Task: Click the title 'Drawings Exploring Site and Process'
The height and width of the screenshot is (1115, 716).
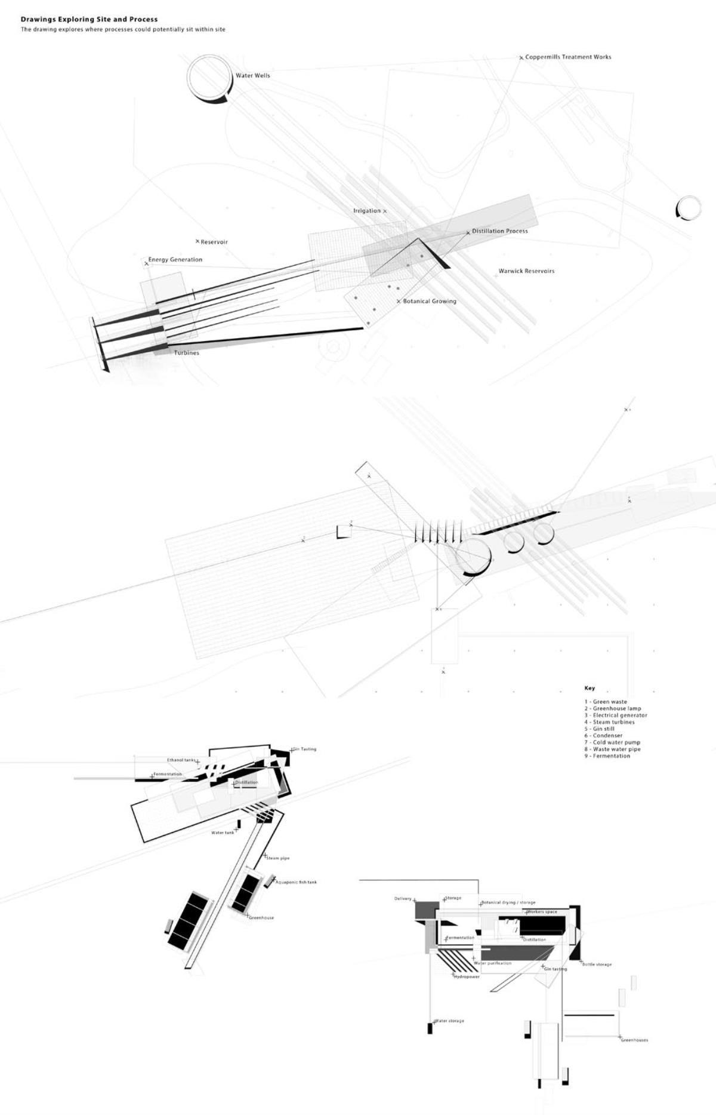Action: click(x=89, y=20)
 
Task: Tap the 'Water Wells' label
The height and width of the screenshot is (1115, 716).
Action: click(x=252, y=76)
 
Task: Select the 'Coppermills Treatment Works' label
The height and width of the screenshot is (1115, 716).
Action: click(x=568, y=57)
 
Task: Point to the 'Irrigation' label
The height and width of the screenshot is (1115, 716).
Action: click(x=366, y=211)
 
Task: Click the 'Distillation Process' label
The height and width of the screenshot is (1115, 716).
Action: click(x=499, y=231)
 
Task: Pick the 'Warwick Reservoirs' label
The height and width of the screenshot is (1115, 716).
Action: click(x=526, y=271)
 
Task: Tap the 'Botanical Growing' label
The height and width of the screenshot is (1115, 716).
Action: click(x=429, y=302)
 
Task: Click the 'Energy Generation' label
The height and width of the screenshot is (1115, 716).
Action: click(x=175, y=260)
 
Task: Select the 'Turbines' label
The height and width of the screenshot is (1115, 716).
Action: click(x=186, y=353)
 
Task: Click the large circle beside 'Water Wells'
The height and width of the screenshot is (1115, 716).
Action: click(x=208, y=78)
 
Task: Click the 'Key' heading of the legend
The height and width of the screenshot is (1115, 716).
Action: click(x=590, y=688)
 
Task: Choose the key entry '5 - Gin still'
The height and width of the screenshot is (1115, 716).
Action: click(x=599, y=729)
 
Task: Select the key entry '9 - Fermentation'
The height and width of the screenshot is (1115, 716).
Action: click(x=607, y=756)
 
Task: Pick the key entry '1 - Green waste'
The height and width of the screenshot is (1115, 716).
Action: click(x=606, y=702)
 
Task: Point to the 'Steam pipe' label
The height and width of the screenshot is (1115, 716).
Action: click(x=278, y=858)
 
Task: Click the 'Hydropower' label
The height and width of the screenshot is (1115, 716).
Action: click(x=467, y=977)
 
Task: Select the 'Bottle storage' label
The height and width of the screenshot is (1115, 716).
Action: click(x=597, y=965)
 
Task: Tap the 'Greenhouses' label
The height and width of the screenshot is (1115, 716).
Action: click(x=634, y=1040)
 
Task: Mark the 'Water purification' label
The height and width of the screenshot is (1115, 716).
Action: click(x=493, y=963)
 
